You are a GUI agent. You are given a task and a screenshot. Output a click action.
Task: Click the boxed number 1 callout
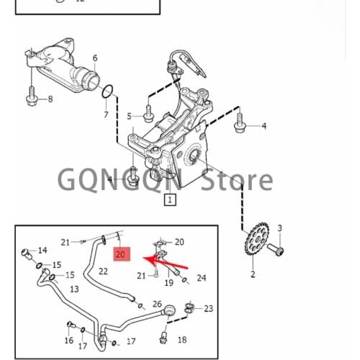point(170,199)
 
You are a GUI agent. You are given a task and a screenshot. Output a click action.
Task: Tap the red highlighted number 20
point(122,254)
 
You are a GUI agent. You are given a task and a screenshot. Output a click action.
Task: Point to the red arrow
point(166,262)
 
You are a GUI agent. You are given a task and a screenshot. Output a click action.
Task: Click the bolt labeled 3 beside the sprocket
point(276,249)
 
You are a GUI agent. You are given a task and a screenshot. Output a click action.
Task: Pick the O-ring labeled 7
point(107,91)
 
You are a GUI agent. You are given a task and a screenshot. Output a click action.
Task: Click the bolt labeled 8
point(31,98)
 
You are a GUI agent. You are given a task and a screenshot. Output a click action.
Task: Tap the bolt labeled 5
point(148,114)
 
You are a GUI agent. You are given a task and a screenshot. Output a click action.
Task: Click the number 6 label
point(95,58)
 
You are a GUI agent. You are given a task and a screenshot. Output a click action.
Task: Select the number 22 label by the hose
point(103,271)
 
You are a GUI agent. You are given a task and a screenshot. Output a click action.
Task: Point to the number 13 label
point(74,289)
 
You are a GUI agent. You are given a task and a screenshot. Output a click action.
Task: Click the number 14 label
point(42,251)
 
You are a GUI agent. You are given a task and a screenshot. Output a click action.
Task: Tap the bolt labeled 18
point(163,336)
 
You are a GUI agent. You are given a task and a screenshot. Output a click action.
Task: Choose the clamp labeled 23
point(189,308)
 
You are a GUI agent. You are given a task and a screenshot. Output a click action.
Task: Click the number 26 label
point(157,304)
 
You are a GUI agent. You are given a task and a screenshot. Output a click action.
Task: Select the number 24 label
point(202,278)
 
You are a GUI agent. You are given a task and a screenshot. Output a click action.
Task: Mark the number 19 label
point(168,282)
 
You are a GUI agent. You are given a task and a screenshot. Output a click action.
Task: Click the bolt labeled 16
point(71,325)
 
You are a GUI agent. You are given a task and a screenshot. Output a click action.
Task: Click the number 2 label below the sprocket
point(253,274)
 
